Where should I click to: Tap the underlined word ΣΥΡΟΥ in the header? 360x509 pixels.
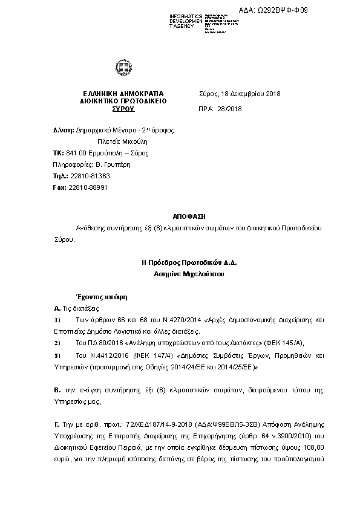123,109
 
